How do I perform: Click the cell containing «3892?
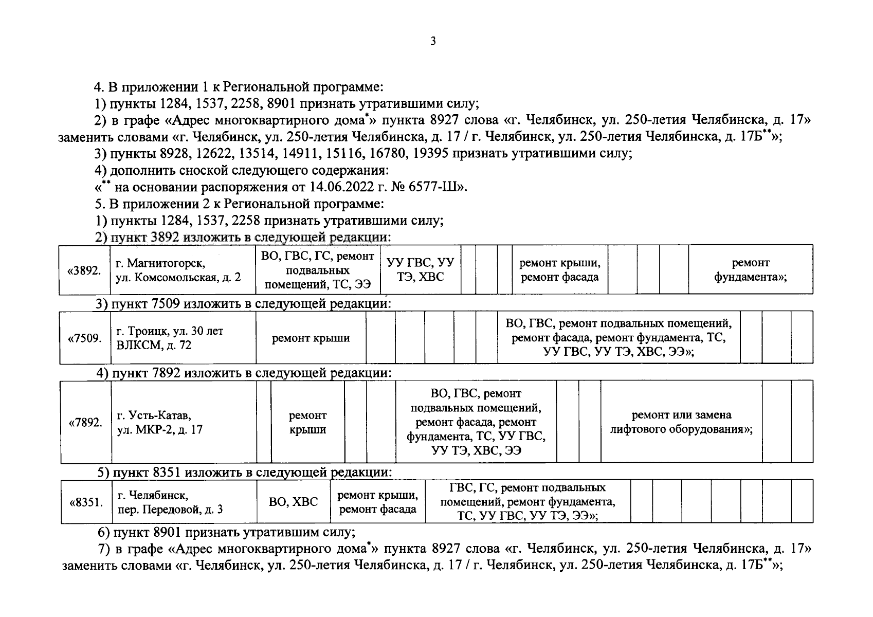[x=84, y=270]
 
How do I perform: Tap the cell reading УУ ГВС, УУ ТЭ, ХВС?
[x=420, y=270]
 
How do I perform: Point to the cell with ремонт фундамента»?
[x=750, y=270]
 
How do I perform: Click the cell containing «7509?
[x=85, y=338]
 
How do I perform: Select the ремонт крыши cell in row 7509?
[x=311, y=338]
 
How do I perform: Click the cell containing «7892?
[x=85, y=423]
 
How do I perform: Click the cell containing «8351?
[x=86, y=502]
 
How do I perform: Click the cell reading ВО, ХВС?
[x=293, y=502]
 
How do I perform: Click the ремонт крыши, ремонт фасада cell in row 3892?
[x=559, y=270]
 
